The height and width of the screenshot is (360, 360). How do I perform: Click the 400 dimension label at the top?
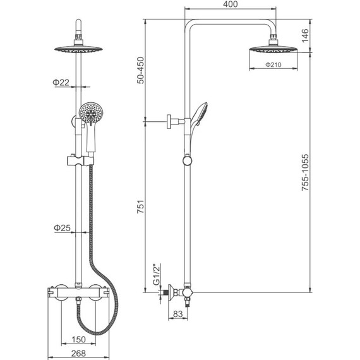231,4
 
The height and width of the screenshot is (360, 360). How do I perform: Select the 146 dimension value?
305,35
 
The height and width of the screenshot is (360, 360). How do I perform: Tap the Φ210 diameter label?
273,65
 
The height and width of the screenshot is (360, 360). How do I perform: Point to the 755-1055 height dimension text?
305,172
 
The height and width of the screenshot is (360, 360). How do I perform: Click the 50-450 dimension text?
140,70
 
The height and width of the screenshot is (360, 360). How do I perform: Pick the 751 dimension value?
140,207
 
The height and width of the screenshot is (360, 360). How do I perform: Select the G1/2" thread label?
157,275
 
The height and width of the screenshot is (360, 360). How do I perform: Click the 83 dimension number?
177,314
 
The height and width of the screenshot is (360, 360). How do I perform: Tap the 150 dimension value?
78,339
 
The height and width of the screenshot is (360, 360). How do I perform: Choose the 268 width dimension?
78,354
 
